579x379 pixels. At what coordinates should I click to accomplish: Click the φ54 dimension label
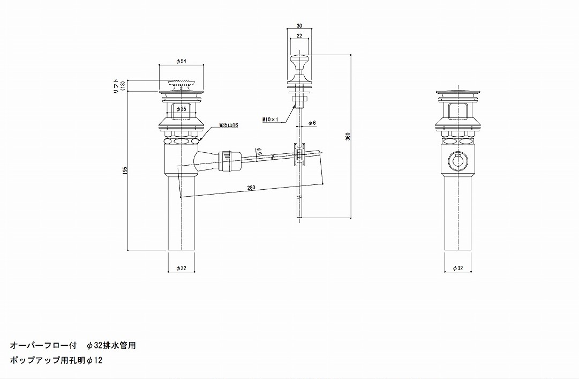[x=181, y=62]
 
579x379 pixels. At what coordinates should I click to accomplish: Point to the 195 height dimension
[x=125, y=170]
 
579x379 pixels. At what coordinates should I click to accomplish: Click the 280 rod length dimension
[x=251, y=188]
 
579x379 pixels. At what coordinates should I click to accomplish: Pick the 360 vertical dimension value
[x=348, y=137]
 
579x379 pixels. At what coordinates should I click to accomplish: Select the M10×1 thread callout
[x=270, y=120]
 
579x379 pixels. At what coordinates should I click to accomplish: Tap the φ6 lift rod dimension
[x=312, y=123]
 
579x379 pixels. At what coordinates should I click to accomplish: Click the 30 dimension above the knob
[x=299, y=25]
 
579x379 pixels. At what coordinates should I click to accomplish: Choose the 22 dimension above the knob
[x=299, y=35]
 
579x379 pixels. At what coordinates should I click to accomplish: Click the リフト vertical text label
[x=115, y=85]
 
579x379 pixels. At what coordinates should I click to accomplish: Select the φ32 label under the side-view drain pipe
[x=181, y=268]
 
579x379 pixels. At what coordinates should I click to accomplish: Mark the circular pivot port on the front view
[x=457, y=160]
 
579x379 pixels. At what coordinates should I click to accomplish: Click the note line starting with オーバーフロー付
[x=73, y=345]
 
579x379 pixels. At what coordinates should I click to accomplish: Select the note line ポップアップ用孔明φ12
[x=56, y=360]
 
